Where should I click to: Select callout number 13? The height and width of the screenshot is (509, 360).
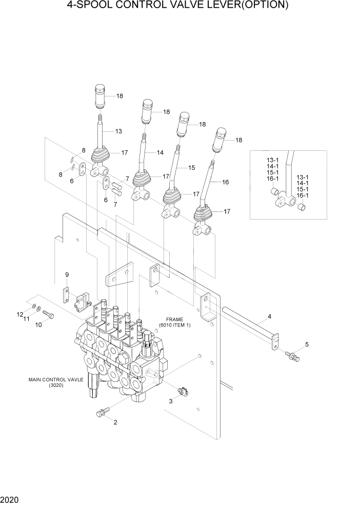118,131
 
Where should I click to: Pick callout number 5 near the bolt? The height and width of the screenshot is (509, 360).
307,344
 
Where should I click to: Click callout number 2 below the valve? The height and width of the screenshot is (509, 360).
115,423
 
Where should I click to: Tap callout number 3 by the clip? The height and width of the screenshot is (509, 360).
171,402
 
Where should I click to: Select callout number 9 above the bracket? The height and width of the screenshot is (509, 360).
67,276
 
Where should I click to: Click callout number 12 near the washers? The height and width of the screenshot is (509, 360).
20,314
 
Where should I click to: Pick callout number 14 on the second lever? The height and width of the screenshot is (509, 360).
160,153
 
